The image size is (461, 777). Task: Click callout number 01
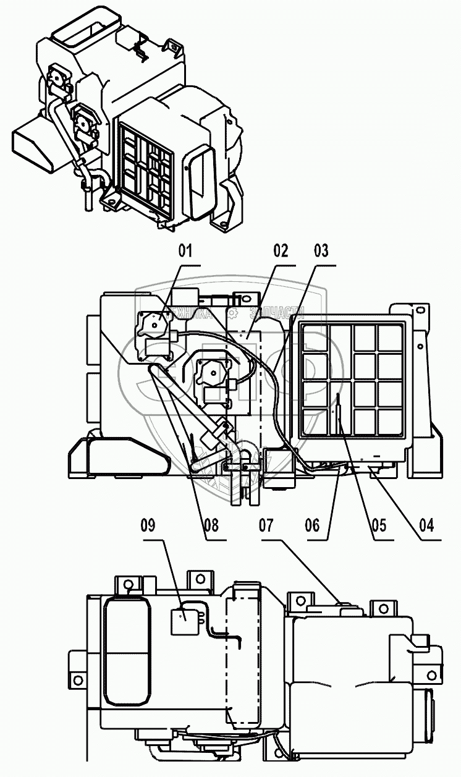coord(185,251)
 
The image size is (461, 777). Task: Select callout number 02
coord(281,251)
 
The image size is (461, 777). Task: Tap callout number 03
coord(321,251)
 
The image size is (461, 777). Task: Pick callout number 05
coord(379,525)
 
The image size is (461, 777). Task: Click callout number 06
coord(313,525)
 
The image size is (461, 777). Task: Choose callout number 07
coord(266,525)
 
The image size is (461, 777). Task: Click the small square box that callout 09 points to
coord(183,620)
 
